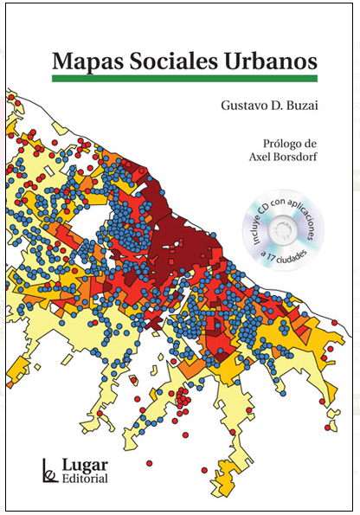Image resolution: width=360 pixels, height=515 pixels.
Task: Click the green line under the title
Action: (183, 79)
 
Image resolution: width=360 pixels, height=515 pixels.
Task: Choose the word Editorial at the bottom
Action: (84, 479)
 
